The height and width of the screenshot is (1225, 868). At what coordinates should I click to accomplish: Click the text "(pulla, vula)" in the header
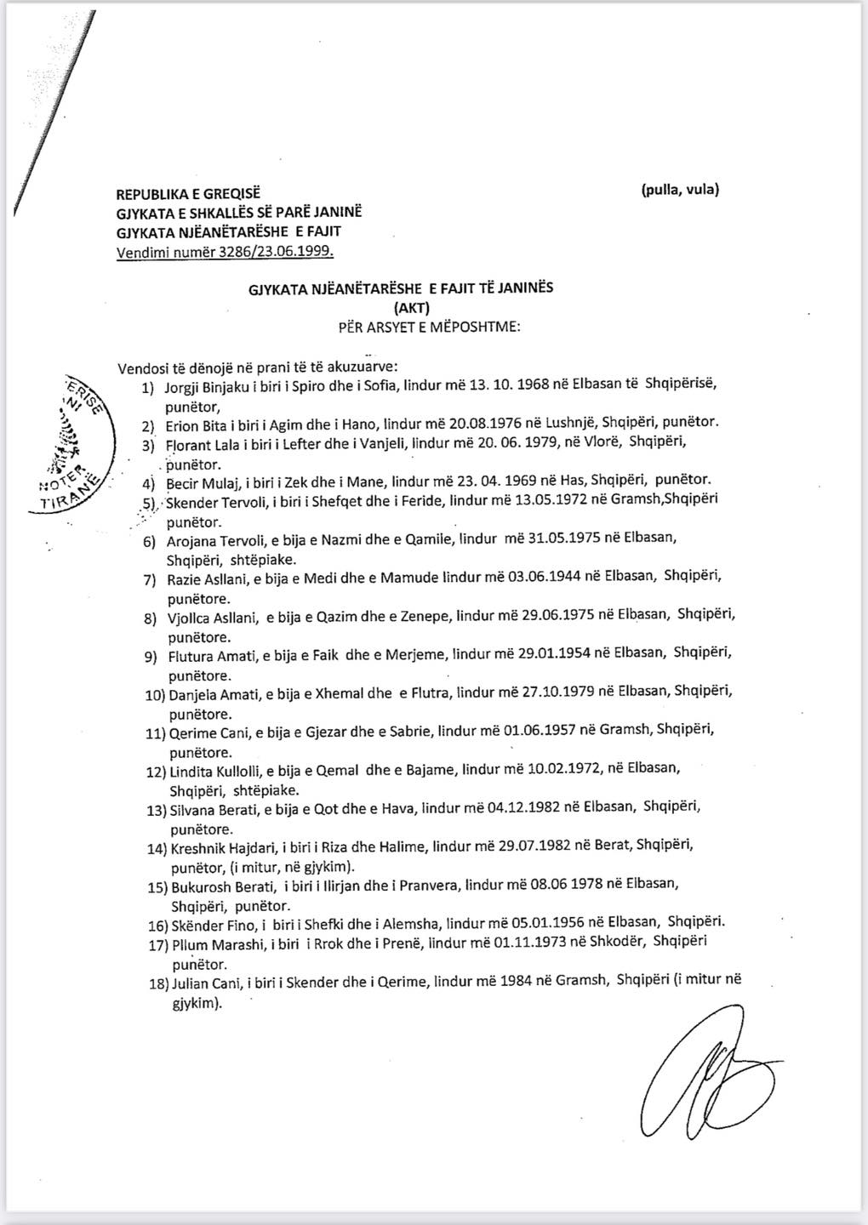pyautogui.click(x=680, y=190)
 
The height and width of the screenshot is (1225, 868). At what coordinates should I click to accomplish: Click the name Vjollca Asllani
pyautogui.click(x=213, y=615)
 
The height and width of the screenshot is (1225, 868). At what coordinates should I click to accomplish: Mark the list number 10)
pyautogui.click(x=155, y=695)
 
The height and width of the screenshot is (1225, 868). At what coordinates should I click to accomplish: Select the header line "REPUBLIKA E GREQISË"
pyautogui.click(x=188, y=195)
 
